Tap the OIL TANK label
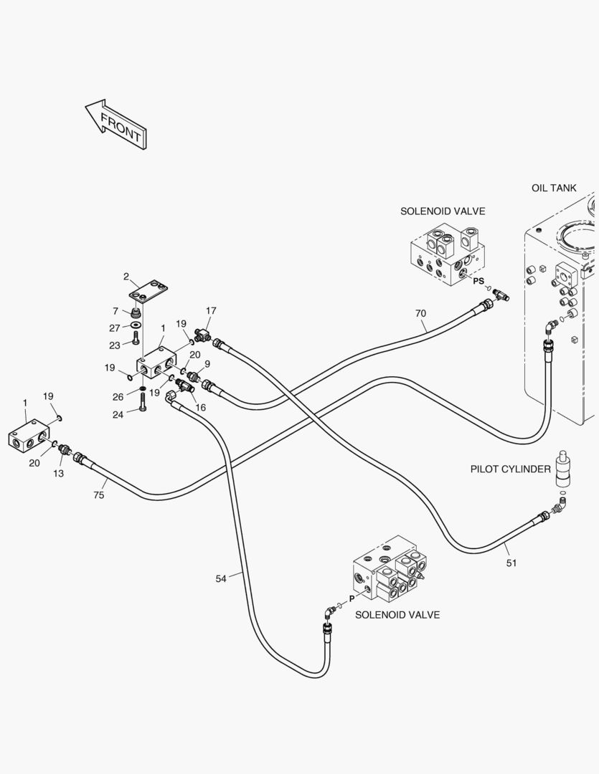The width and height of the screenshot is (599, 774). click(x=553, y=188)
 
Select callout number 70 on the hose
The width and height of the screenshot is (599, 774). click(x=420, y=313)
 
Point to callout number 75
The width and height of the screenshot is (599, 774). click(x=99, y=494)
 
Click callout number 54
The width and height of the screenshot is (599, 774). click(x=222, y=578)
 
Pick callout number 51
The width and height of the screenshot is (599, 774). click(x=511, y=563)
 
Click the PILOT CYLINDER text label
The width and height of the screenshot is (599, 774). click(x=510, y=469)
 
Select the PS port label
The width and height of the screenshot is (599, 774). click(x=478, y=281)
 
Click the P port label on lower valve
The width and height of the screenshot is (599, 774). click(x=352, y=598)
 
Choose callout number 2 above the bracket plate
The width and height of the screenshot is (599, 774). click(x=126, y=277)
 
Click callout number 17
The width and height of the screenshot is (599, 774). click(x=211, y=310)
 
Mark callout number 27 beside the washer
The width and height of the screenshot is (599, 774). click(x=115, y=328)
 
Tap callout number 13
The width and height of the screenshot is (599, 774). click(x=58, y=474)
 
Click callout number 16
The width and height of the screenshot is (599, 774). click(x=201, y=407)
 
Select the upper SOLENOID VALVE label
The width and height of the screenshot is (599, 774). click(x=442, y=211)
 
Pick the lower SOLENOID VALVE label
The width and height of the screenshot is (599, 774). click(x=397, y=614)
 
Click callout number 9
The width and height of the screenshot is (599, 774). click(x=207, y=363)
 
